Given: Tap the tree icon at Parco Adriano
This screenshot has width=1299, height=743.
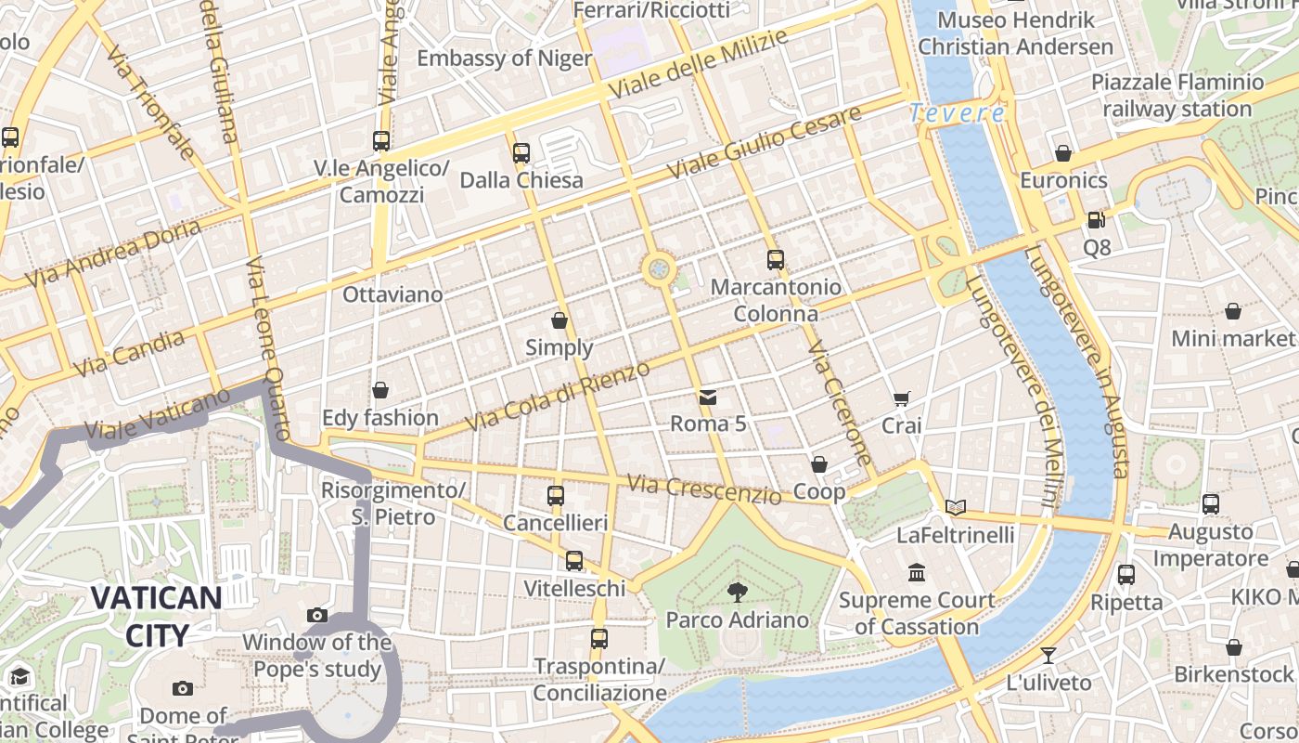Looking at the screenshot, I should tap(738, 593).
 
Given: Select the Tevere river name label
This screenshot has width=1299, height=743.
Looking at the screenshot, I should tap(957, 113).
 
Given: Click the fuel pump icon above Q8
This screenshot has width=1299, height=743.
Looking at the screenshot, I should tap(1096, 220).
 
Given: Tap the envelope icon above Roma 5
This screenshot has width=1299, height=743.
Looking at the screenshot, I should tap(708, 398).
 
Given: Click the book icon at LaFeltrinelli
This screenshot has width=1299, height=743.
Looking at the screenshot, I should tap(956, 507).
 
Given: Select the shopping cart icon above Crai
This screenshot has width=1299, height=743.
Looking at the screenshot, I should tap(901, 399).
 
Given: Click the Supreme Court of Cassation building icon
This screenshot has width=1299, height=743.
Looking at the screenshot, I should tap(918, 572).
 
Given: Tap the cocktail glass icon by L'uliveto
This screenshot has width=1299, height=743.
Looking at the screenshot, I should tap(1048, 655).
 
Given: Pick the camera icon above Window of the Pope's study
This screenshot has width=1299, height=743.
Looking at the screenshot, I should tap(317, 615).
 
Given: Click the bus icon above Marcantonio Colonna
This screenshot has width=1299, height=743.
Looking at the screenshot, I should tap(776, 260).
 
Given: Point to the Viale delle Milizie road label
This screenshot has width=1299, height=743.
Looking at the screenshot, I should tap(699, 64).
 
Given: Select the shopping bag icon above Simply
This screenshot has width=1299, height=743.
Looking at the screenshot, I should tap(559, 320).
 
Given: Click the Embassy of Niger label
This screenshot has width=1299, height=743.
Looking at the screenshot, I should tap(504, 59).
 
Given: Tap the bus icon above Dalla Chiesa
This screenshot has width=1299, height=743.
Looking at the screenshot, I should tap(521, 152).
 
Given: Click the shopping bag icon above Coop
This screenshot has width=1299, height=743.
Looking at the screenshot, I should tap(819, 464).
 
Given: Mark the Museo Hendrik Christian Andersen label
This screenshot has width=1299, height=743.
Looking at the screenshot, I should tap(1016, 33).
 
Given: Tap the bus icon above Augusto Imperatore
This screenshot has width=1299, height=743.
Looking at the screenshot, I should tap(1211, 504).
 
